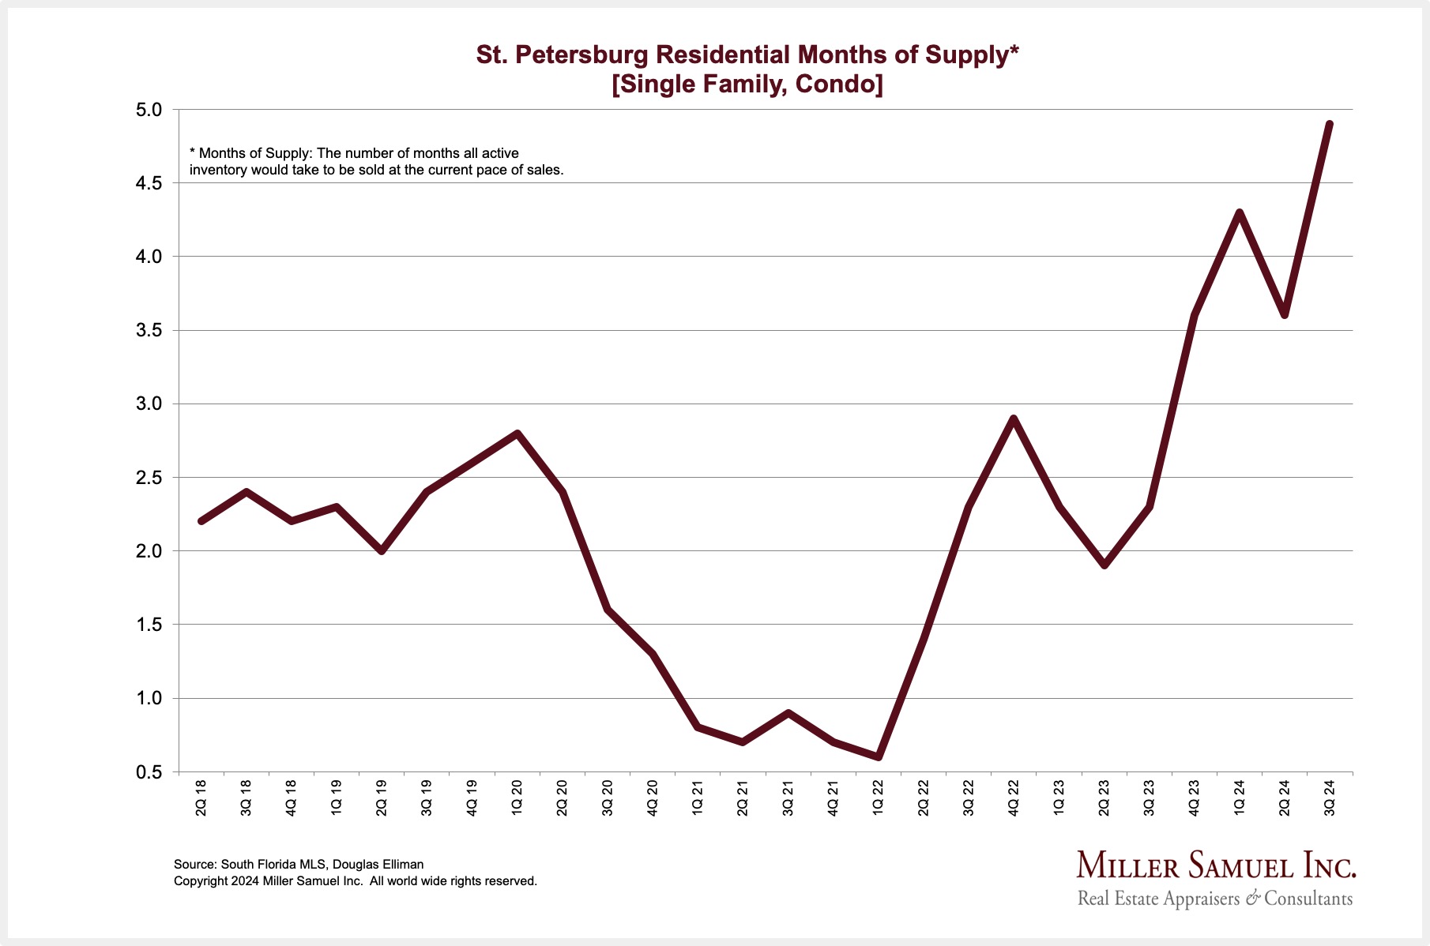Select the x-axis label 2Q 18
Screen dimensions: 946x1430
(201, 798)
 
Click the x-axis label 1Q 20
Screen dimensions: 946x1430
(517, 798)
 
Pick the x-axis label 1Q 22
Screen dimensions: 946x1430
(878, 798)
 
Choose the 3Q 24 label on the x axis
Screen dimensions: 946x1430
(1329, 798)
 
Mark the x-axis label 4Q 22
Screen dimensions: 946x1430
(1013, 798)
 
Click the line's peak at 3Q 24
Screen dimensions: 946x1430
(1330, 124)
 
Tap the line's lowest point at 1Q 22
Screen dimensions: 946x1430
(879, 757)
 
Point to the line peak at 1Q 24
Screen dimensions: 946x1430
(1240, 212)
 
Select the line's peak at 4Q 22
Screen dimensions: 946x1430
(1014, 419)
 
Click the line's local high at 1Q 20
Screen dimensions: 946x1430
(517, 434)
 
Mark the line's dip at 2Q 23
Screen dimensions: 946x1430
(1104, 565)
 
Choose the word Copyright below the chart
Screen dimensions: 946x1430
(201, 880)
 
